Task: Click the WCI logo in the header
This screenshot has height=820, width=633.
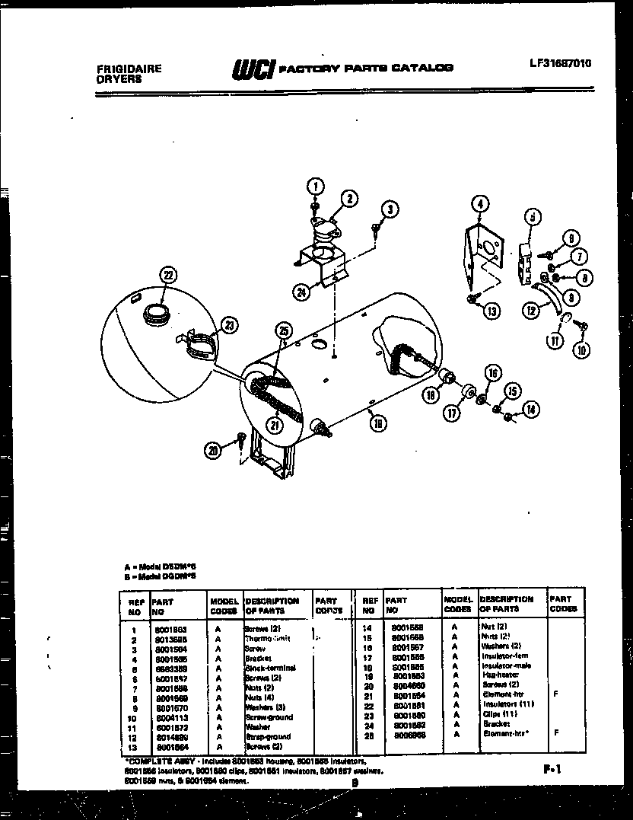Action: [253, 69]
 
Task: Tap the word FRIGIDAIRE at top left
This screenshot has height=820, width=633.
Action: [129, 68]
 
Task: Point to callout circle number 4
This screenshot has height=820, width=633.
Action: [479, 203]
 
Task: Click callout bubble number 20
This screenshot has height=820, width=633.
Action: [214, 450]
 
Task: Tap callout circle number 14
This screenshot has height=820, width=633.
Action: [530, 409]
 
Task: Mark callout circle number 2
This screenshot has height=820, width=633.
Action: [348, 199]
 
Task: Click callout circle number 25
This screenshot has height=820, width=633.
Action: [284, 330]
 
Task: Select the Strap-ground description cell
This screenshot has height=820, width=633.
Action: [268, 736]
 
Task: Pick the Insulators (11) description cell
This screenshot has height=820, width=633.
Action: [507, 704]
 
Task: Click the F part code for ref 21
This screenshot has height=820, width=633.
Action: [557, 694]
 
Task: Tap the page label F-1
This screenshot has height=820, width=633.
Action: [552, 770]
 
